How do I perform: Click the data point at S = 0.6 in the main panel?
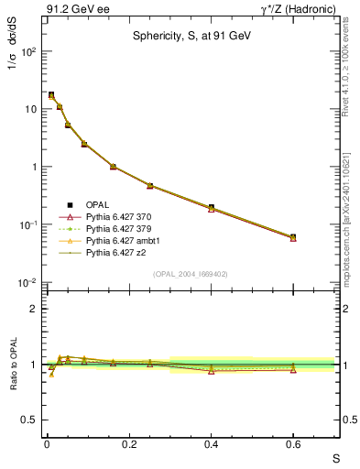tap(293, 237)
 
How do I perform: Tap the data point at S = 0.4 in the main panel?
tap(211, 208)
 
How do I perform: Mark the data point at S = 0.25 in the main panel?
tap(149, 186)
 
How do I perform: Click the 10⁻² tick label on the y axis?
tap(28, 282)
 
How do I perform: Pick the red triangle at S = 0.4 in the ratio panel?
tap(211, 370)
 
